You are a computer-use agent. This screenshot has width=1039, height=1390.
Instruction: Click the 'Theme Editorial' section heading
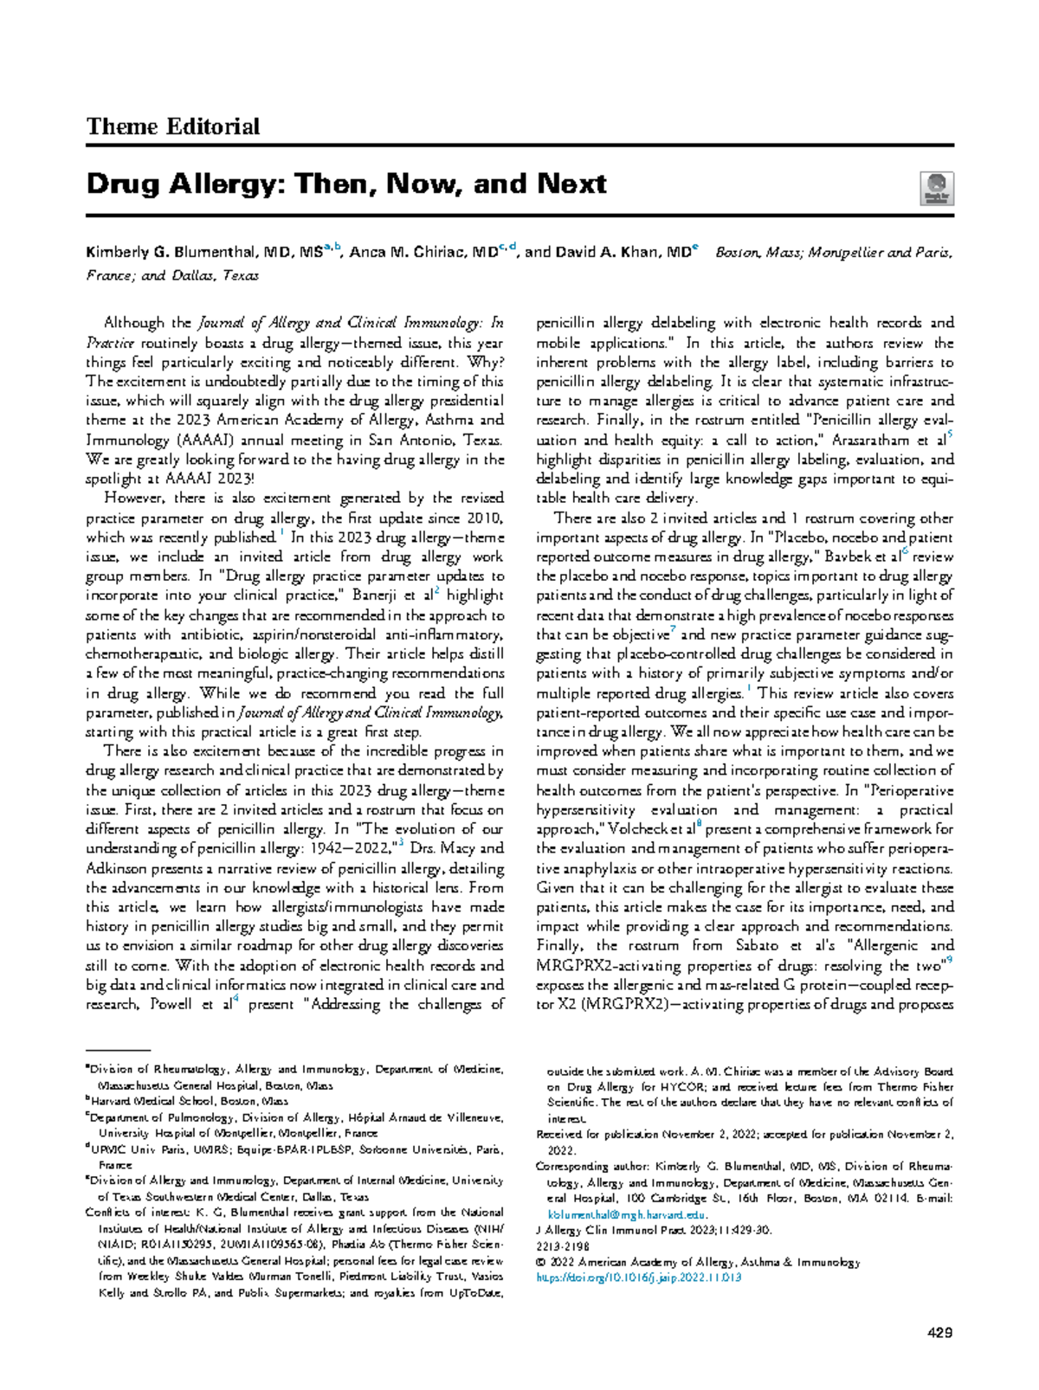tap(172, 127)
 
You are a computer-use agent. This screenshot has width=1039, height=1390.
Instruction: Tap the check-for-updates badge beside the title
tap(937, 189)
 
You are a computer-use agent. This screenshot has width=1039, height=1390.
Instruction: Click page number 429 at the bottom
tap(939, 1332)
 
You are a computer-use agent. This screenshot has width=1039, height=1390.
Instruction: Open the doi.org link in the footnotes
tap(639, 1277)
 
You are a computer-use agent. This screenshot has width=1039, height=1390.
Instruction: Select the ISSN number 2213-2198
tap(563, 1246)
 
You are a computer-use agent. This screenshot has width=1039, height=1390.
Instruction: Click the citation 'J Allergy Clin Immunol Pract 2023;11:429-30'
tap(654, 1230)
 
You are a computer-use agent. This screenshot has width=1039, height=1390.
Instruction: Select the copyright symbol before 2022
tap(541, 1262)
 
